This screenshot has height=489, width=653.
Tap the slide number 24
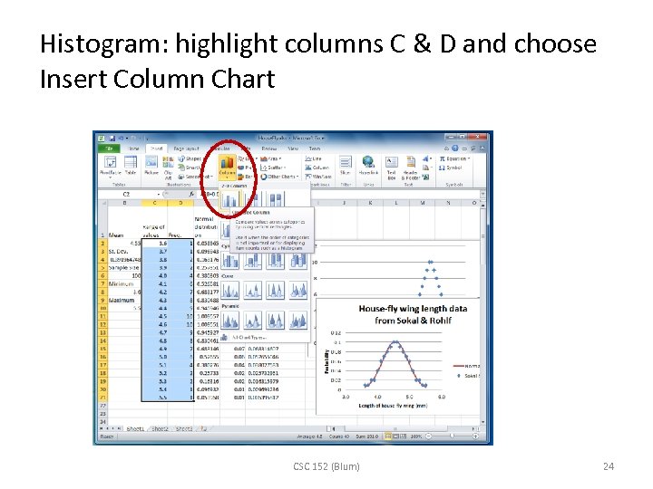point(609,466)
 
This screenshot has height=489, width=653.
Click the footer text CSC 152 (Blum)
point(326,466)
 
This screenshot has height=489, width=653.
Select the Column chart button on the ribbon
point(226,167)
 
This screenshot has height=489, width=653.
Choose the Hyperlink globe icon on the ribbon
point(368,165)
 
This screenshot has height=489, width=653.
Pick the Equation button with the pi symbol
point(453,158)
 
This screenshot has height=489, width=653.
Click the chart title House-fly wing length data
point(413,314)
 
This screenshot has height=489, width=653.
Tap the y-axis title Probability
point(326,360)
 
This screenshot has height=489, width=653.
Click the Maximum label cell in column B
point(123,300)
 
